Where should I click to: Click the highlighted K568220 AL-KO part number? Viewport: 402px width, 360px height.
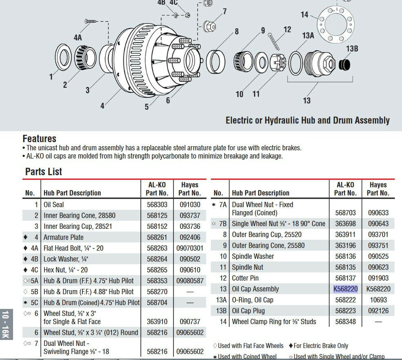click(x=345, y=289)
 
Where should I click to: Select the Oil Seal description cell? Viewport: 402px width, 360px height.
click(x=54, y=205)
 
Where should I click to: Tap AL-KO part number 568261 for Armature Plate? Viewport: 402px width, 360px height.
click(x=157, y=237)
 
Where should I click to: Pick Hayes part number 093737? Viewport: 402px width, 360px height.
click(x=190, y=215)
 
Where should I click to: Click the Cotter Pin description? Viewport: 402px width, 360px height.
click(x=245, y=278)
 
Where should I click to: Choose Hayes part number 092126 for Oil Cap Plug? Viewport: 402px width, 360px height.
click(x=378, y=311)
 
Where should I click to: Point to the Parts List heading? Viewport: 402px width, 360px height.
click(x=44, y=172)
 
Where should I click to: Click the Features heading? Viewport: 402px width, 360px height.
click(x=39, y=139)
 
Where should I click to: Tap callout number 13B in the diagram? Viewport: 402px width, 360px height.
click(x=352, y=49)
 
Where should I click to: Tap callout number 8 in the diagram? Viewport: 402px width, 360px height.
click(x=236, y=31)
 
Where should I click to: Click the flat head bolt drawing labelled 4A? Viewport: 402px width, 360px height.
click(x=90, y=21)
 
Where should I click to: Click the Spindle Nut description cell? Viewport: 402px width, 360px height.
click(x=247, y=267)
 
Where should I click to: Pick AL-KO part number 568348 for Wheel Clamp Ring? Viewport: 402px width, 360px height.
click(x=345, y=322)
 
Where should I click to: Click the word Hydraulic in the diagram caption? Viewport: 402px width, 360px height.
click(x=283, y=121)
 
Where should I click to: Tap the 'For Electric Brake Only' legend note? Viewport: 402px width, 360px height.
click(x=321, y=346)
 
